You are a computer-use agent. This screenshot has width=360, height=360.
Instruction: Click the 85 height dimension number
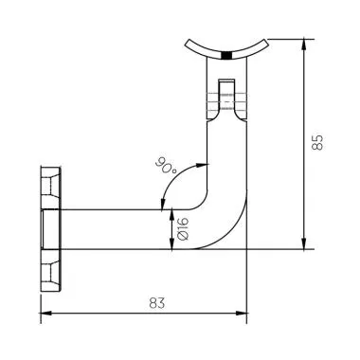coord(318,142)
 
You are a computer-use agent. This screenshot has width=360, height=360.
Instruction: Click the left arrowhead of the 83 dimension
coord(45,315)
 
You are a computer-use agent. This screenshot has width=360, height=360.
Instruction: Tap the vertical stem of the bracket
coord(225,152)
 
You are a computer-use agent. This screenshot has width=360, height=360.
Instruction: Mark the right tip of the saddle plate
coord(267,39)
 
